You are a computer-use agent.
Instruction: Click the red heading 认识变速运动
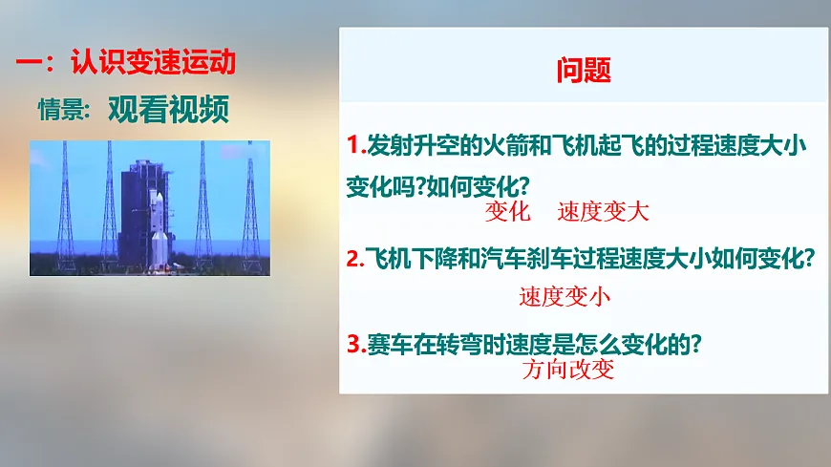(153, 64)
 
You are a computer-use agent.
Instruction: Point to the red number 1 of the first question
(352, 146)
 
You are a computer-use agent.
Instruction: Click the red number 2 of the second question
(352, 259)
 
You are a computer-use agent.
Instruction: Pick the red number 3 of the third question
(352, 343)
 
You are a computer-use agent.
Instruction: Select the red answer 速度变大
(603, 212)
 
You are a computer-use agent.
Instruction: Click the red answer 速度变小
(565, 296)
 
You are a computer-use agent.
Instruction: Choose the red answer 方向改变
(568, 371)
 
